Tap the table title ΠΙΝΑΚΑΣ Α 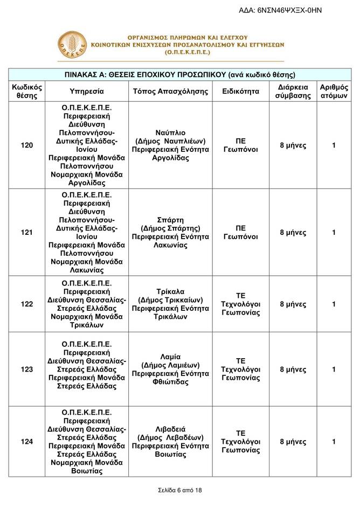point(180,74)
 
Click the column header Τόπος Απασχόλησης point(170,92)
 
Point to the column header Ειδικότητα point(241,92)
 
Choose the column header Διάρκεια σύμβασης point(293,92)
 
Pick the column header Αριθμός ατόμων point(334,92)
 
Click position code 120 point(27,145)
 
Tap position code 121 point(27,232)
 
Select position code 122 point(27,304)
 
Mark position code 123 point(27,369)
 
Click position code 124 point(27,442)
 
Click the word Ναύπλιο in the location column point(170,132)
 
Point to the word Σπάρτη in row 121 point(170,220)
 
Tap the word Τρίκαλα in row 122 point(170,291)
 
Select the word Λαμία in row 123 point(170,357)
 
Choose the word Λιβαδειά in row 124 point(170,429)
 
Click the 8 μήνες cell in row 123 point(293,369)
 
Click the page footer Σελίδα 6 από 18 point(180,490)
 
